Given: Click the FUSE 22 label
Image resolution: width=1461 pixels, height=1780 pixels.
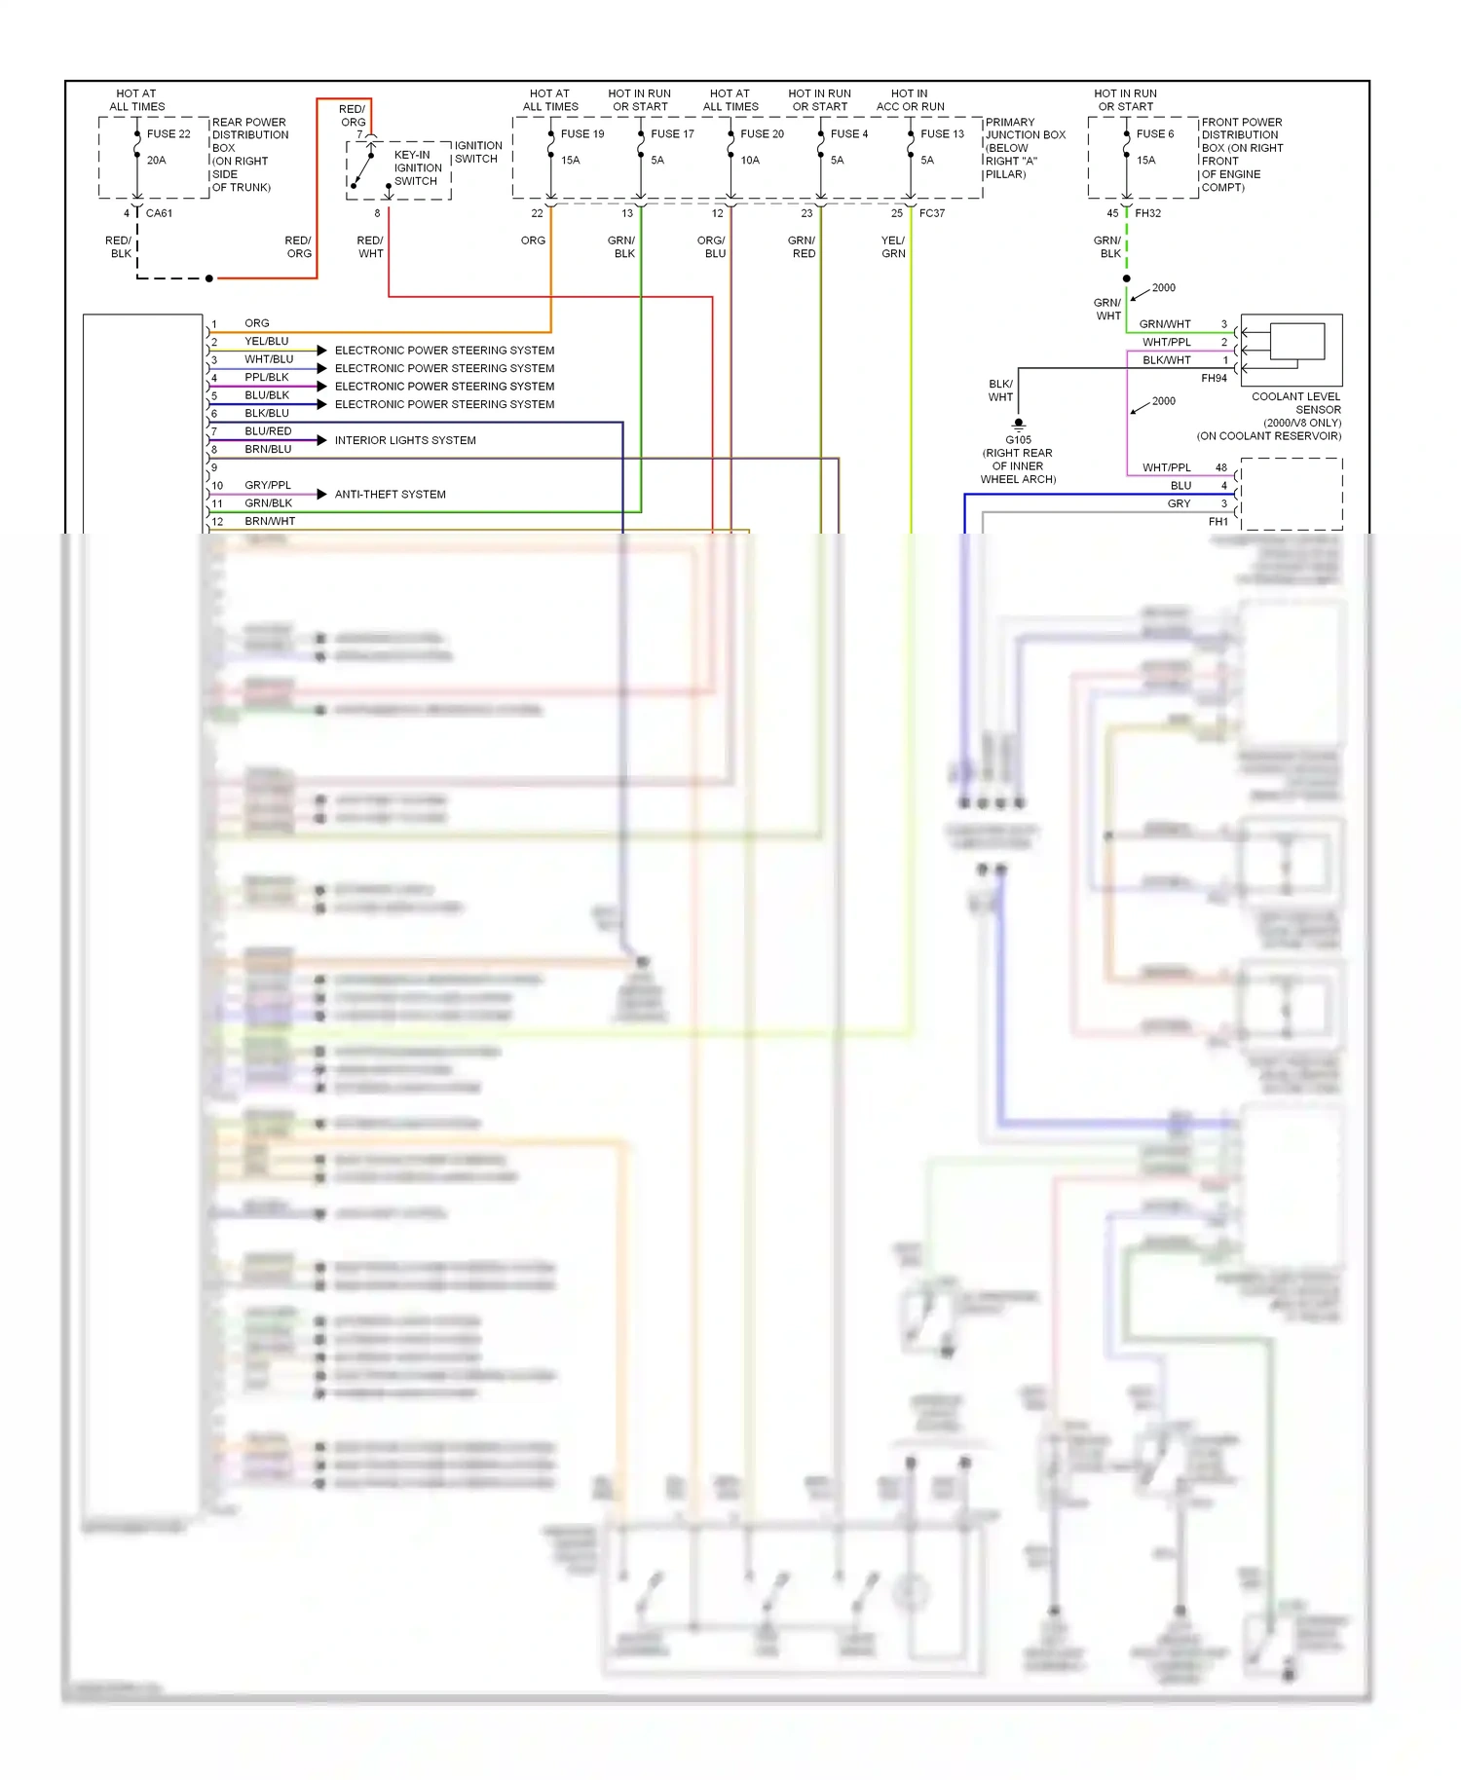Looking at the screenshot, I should pos(169,134).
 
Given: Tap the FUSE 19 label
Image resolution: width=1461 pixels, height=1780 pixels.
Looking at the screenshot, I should pos(582,134).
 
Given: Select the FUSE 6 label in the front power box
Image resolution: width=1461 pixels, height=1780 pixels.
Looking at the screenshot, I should pos(1155,134).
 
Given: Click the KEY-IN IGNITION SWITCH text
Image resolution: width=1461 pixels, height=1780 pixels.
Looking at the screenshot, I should pos(418,167).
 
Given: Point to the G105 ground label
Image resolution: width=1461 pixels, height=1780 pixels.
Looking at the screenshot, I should pos(1018,440).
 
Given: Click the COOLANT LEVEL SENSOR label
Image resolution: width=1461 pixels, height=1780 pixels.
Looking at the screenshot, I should pos(1295,403).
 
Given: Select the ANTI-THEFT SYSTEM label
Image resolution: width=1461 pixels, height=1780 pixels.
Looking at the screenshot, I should pos(390,495).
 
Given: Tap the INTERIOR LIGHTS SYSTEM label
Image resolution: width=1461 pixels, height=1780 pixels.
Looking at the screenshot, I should pos(405,440).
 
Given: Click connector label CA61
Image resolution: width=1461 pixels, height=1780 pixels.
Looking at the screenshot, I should pos(159,213).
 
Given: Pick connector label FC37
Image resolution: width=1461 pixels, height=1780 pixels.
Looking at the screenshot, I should pos(932,213).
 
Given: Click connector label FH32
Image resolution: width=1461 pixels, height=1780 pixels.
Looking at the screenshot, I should pos(1147,213).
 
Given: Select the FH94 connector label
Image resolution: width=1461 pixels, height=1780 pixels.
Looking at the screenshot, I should pos(1214,378).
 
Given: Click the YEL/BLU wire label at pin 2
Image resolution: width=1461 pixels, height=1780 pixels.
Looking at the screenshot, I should pos(266,342).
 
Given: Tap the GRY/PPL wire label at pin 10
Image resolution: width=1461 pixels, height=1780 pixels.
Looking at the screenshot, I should pos(268,485).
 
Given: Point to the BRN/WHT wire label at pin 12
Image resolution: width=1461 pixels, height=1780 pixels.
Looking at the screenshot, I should pos(270,521).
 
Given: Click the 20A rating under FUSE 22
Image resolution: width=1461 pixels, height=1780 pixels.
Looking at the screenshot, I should pos(156,161).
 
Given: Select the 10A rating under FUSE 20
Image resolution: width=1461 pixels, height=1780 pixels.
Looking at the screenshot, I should pos(750,161).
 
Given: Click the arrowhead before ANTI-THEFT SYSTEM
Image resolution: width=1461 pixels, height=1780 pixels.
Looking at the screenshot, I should pos(321,495).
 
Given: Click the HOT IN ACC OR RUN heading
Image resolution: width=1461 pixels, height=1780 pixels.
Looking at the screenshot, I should pos(910,100).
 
